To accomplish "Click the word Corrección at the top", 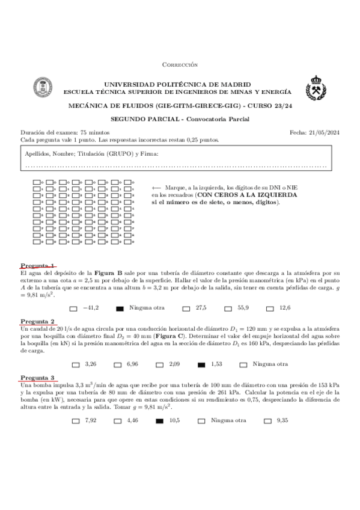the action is (x=180, y=64).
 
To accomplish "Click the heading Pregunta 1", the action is (x=38, y=266).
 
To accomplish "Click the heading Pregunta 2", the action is (x=38, y=321).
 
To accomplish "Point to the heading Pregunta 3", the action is (x=38, y=377).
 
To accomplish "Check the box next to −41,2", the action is (x=73, y=309).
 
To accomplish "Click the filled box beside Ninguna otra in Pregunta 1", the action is (x=120, y=309).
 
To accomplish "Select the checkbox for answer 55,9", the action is (x=228, y=309).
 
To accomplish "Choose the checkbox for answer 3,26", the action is (x=75, y=364).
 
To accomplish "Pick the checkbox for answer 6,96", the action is (x=117, y=364).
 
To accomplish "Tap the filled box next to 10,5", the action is (x=159, y=420).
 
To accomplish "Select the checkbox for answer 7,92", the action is (x=75, y=420).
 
